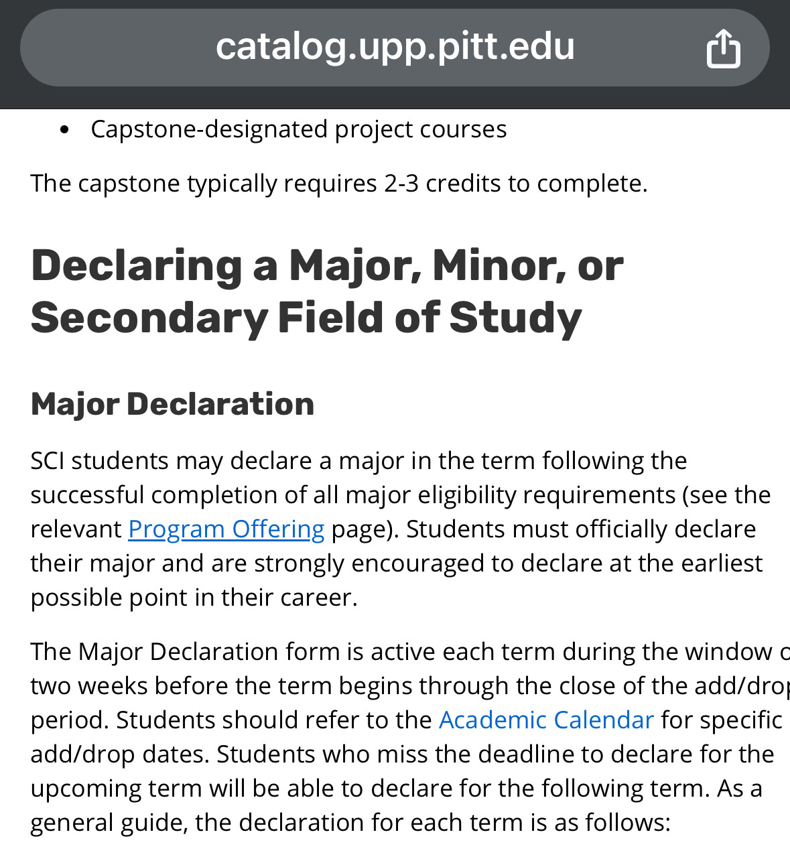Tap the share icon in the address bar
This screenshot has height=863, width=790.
click(x=723, y=48)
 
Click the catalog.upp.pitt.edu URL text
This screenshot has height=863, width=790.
click(x=395, y=47)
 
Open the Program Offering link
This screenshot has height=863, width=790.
click(x=226, y=529)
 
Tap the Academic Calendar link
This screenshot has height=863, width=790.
click(x=546, y=720)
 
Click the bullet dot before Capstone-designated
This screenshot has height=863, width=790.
click(x=64, y=130)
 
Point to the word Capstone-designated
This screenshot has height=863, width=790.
click(x=209, y=129)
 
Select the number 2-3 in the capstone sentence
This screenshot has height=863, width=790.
click(x=401, y=184)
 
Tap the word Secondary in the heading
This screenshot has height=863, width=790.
click(x=149, y=318)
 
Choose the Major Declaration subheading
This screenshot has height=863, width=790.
click(x=172, y=405)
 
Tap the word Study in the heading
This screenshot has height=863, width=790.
click(x=515, y=318)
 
